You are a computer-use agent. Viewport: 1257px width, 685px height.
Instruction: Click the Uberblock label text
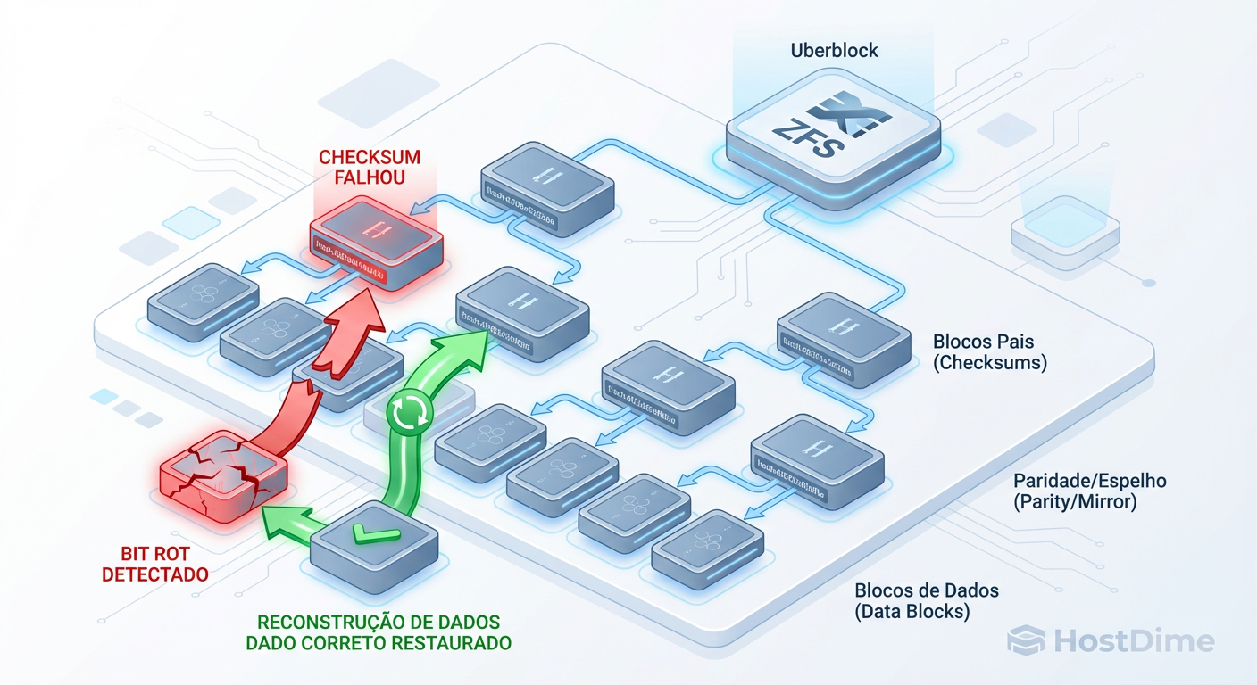tap(834, 51)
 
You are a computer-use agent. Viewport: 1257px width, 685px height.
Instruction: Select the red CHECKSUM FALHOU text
tap(370, 167)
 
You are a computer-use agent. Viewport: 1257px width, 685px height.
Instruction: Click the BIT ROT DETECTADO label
tap(155, 564)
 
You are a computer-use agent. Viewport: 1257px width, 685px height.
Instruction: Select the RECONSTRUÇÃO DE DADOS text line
tap(379, 621)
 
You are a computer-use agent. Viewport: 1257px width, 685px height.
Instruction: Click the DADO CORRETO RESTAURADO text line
tap(379, 642)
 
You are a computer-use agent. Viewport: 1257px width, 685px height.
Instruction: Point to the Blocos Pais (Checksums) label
tap(990, 352)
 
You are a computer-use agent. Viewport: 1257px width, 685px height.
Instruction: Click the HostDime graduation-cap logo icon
tap(1025, 640)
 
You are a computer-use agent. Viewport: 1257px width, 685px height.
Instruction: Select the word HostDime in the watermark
tap(1132, 641)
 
